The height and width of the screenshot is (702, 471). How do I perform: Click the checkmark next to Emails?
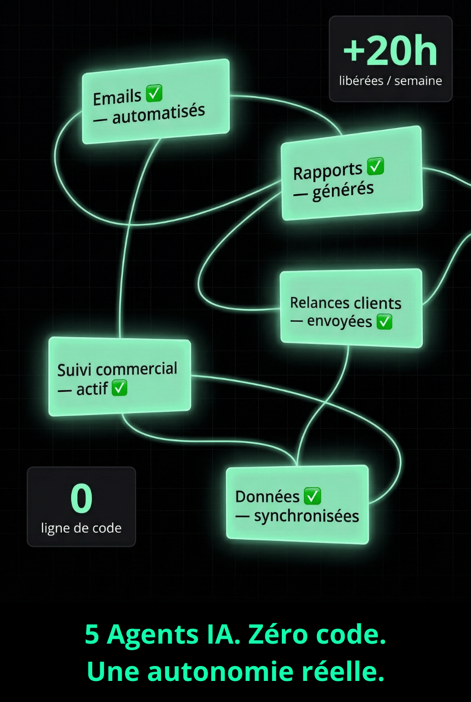tap(154, 93)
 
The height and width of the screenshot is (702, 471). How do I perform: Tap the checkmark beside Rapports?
tap(375, 166)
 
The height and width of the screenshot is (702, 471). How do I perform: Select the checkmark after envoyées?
tap(384, 322)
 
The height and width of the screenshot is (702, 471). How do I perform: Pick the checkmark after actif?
tap(119, 388)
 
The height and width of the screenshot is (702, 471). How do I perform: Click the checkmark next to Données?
tap(312, 496)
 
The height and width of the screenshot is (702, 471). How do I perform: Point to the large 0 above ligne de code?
tap(81, 499)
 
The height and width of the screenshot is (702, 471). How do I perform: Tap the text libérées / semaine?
tap(390, 81)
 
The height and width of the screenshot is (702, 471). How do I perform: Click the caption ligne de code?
tap(81, 528)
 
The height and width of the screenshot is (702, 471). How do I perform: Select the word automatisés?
tap(158, 114)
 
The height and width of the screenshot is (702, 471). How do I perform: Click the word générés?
tap(343, 190)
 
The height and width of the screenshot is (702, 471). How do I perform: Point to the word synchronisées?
tap(306, 516)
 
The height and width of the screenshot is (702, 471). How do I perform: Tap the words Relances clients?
tap(346, 303)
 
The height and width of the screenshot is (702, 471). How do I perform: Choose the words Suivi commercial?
tap(117, 369)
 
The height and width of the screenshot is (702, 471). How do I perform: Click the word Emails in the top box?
tap(117, 97)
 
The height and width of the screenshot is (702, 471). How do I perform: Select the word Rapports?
tap(328, 171)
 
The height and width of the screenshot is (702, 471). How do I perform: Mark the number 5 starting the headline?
tap(92, 635)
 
